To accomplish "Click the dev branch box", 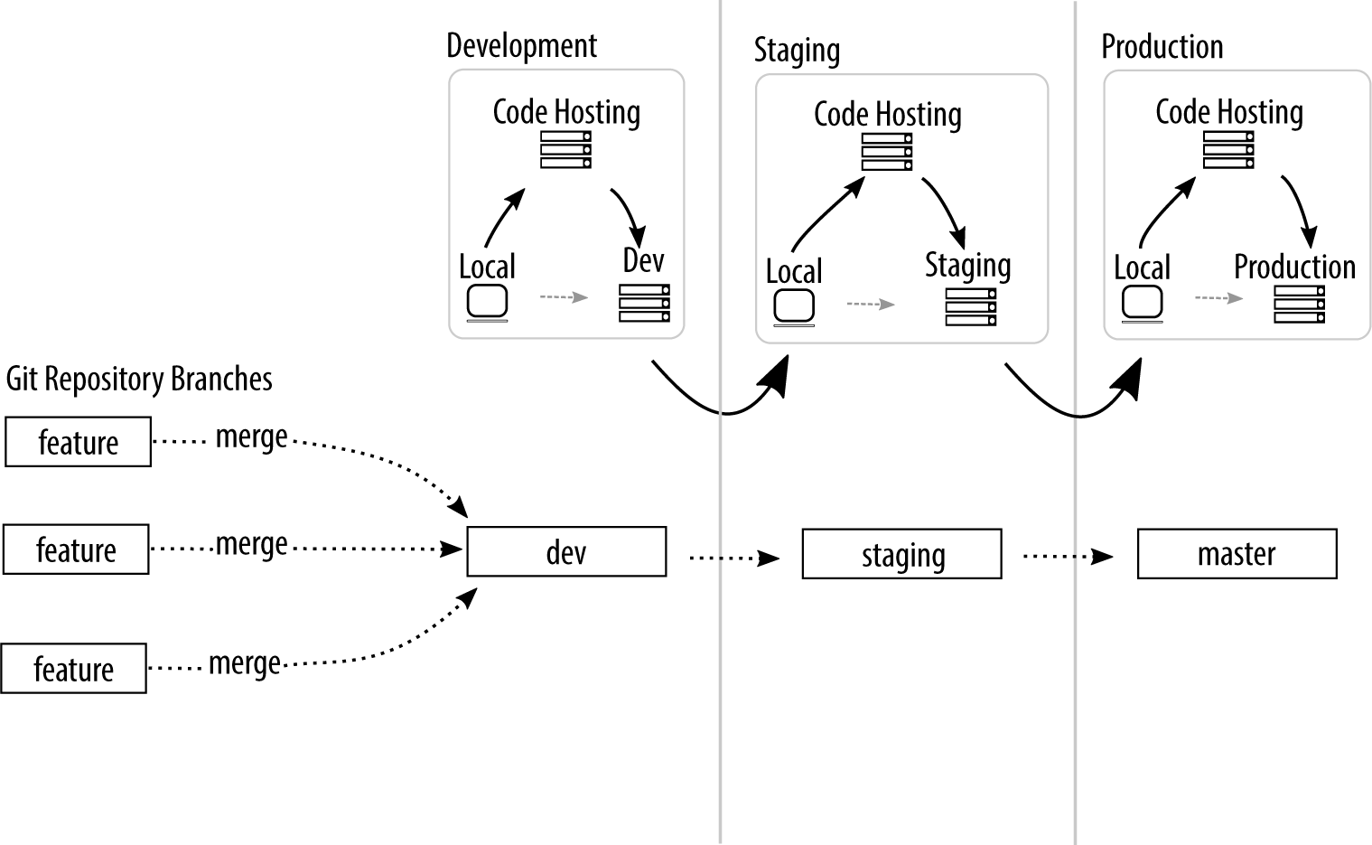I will [x=566, y=551].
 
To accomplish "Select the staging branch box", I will [x=901, y=554].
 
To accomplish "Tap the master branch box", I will [x=1237, y=553].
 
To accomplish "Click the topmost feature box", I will [x=78, y=442].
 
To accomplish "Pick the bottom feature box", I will [x=73, y=669].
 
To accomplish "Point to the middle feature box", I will [x=76, y=549].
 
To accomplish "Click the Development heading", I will [x=521, y=46].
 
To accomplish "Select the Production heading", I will [x=1162, y=47].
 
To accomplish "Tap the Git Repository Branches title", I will [x=139, y=379].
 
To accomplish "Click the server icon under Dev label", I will [x=644, y=303].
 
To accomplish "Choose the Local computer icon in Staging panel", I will [x=794, y=307].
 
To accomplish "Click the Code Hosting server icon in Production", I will [x=1228, y=150].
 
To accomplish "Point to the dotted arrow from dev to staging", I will [x=733, y=559].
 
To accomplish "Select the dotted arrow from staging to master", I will [x=1068, y=557].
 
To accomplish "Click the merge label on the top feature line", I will [x=251, y=437].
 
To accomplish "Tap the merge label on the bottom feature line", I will [x=245, y=664].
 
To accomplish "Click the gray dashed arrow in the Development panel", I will [x=564, y=296].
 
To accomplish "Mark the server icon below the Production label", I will [x=1299, y=305].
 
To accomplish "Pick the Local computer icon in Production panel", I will [x=1142, y=304].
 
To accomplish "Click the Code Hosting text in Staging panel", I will [x=887, y=115].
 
